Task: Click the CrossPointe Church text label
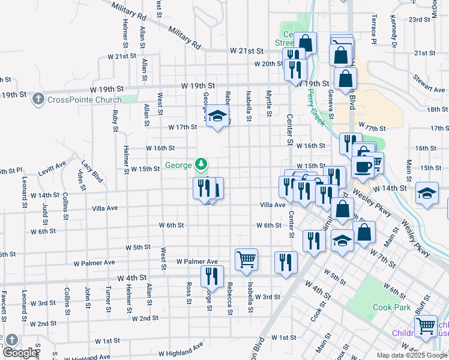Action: coord(84,100)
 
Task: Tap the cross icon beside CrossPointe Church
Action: coord(38,98)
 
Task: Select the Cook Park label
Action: coord(391,308)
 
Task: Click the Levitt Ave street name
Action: coord(53,169)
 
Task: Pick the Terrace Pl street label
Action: coord(373,31)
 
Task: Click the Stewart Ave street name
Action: coord(429,83)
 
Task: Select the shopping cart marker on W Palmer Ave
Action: coord(247,259)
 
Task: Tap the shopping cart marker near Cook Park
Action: coord(426,326)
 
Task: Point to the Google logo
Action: coord(20,353)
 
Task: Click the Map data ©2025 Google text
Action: coord(411,355)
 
